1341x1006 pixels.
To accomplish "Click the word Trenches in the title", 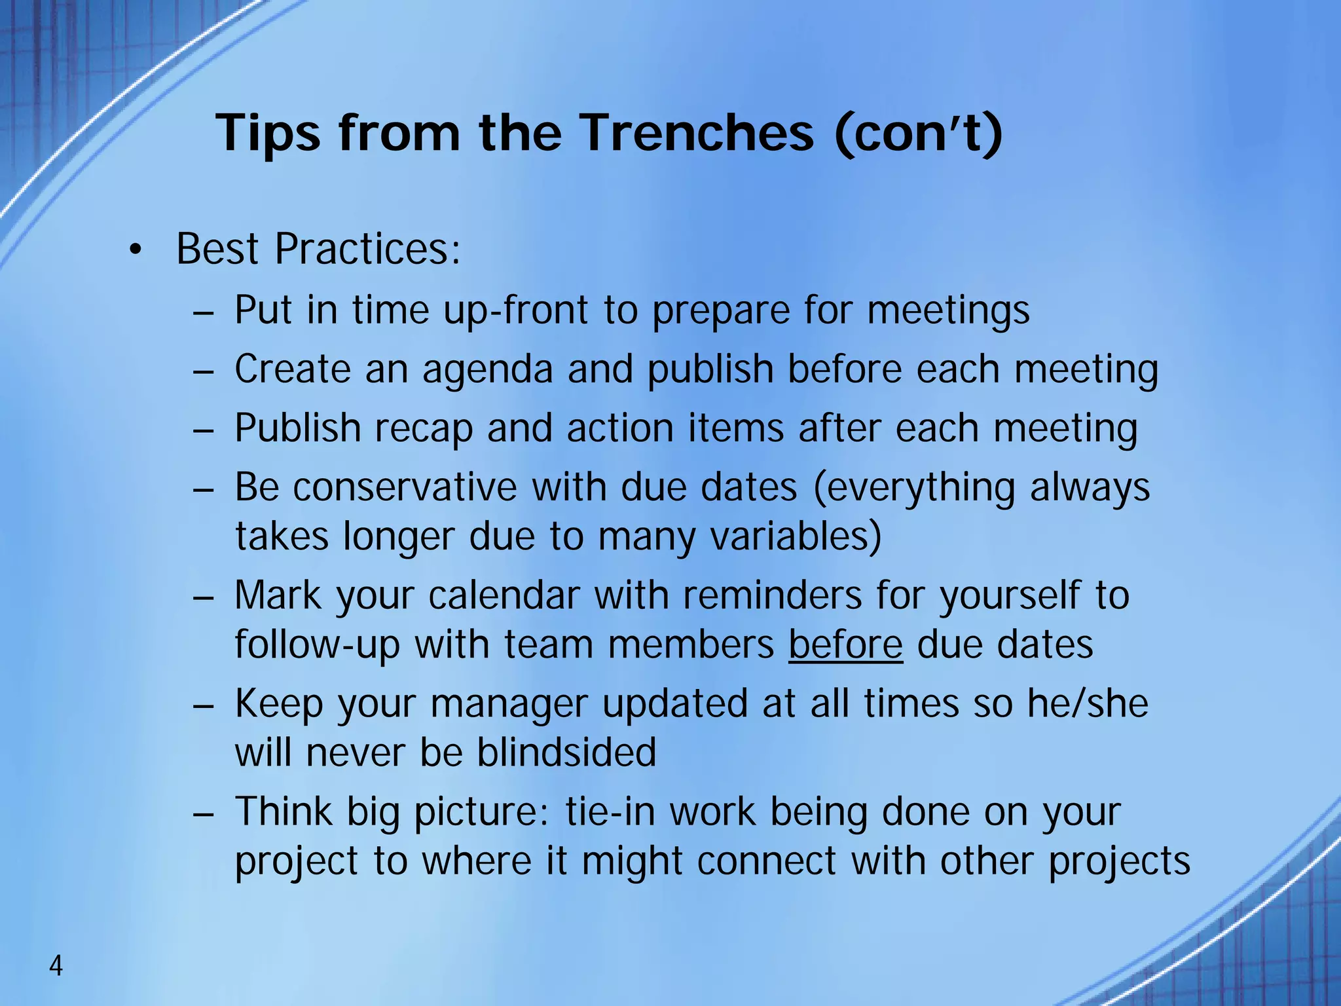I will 697,133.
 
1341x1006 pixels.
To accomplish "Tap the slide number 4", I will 56,966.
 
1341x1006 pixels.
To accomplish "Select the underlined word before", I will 845,644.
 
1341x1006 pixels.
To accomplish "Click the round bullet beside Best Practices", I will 135,251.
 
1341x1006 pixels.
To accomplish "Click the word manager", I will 509,705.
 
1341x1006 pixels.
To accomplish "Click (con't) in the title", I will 918,133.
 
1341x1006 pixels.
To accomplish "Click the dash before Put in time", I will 204,312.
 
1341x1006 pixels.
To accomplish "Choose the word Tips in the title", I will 268,133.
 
